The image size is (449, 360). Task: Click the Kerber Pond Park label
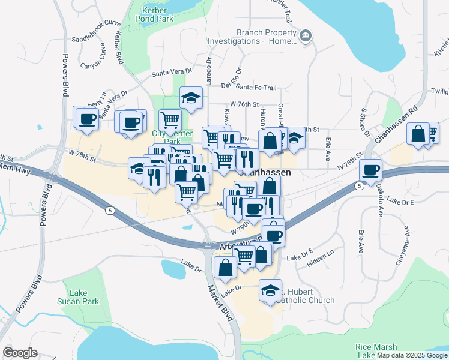coord(158,14)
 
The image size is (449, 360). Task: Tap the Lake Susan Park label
coord(78,296)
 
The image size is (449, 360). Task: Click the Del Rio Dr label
coord(231,77)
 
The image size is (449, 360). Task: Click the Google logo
coord(20,353)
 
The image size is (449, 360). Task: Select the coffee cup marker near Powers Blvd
coord(88,118)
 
